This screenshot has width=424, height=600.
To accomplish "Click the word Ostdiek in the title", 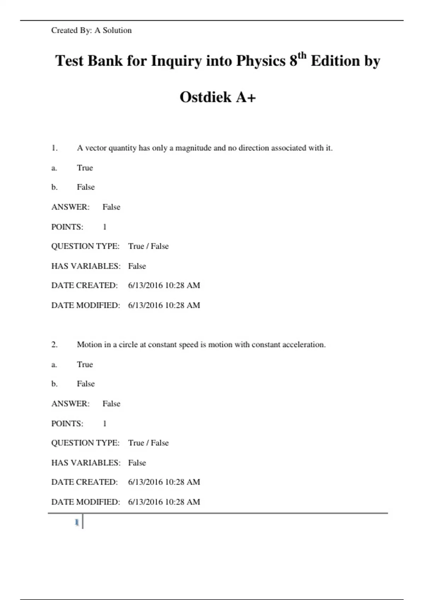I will (x=205, y=97).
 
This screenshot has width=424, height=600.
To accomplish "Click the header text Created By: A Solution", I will (x=91, y=30).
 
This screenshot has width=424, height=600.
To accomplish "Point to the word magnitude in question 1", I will (x=193, y=148).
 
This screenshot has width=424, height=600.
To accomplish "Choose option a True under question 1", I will (x=85, y=168).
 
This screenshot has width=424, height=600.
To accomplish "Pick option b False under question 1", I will (x=86, y=187).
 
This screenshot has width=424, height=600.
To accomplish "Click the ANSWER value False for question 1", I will (x=111, y=207).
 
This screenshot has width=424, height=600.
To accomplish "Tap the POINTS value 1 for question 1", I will (x=105, y=227).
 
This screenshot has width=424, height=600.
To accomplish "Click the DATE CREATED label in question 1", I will (x=84, y=285).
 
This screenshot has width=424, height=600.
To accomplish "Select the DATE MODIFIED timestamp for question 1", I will (x=164, y=305).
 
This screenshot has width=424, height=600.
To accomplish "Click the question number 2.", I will (x=54, y=344).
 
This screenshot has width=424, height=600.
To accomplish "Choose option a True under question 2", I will (x=85, y=364).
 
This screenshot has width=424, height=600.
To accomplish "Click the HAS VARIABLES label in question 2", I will (x=86, y=462).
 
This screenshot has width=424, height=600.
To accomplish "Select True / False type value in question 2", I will (x=148, y=443).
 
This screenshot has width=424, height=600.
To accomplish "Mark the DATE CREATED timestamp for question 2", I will (x=164, y=482).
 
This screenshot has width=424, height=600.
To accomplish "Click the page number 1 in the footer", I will (x=77, y=522).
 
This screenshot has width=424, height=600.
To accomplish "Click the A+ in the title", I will (x=246, y=97).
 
